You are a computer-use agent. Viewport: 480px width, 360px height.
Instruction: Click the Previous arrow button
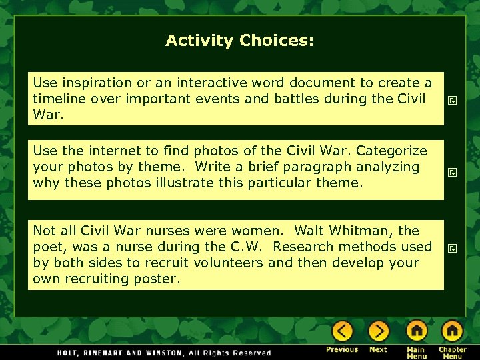point(342,331)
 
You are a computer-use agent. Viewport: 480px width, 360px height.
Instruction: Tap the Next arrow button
point(378,331)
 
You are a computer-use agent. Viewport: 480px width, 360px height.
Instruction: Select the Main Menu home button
point(417,331)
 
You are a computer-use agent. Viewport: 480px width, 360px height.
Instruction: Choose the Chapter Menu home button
point(452,331)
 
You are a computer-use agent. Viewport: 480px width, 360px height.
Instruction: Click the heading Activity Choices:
point(239,41)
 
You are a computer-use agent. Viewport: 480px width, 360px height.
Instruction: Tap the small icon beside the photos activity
point(452,172)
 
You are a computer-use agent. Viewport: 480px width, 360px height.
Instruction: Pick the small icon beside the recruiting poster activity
point(452,248)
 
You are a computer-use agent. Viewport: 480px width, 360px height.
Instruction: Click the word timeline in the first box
point(58,99)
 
